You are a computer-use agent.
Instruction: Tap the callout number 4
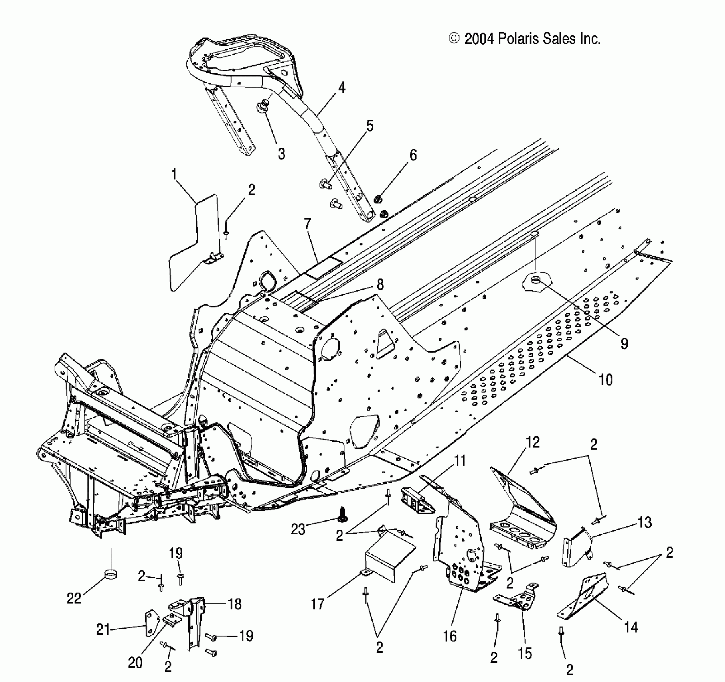coord(341,88)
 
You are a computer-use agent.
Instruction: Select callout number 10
coord(606,379)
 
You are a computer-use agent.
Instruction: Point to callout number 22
coord(74,598)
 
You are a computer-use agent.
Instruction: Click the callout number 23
coord(298,530)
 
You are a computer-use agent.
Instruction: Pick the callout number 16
coord(450,636)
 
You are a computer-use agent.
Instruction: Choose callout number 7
coord(308,224)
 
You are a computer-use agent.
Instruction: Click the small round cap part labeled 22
coord(111,574)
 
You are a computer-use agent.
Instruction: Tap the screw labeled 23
coord(342,514)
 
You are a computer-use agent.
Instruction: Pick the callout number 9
coord(624,343)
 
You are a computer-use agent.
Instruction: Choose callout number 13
coord(644,522)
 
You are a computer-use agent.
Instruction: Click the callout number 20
coord(135,663)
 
